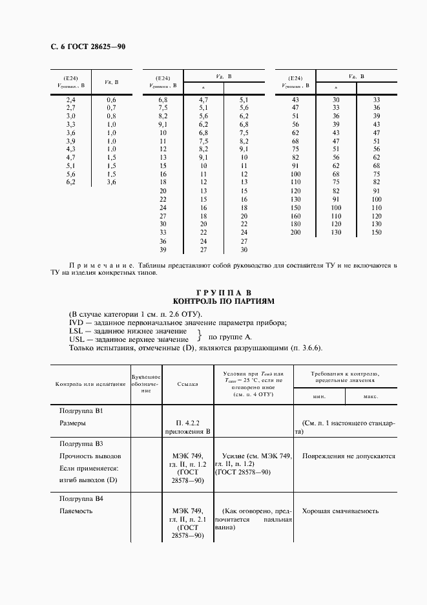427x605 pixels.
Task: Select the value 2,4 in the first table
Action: coord(71,100)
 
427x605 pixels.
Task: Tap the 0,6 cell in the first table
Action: coord(111,100)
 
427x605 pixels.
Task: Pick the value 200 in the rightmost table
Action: coord(295,232)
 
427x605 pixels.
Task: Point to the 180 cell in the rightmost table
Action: coord(295,224)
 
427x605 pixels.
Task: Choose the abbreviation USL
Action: coord(76,339)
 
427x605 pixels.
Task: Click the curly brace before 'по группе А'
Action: coord(200,335)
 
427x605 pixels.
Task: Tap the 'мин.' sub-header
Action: coord(319,396)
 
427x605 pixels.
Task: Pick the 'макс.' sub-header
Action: coord(370,396)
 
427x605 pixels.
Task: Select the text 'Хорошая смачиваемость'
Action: coord(340,511)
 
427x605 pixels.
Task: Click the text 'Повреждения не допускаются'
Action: coord(348,456)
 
